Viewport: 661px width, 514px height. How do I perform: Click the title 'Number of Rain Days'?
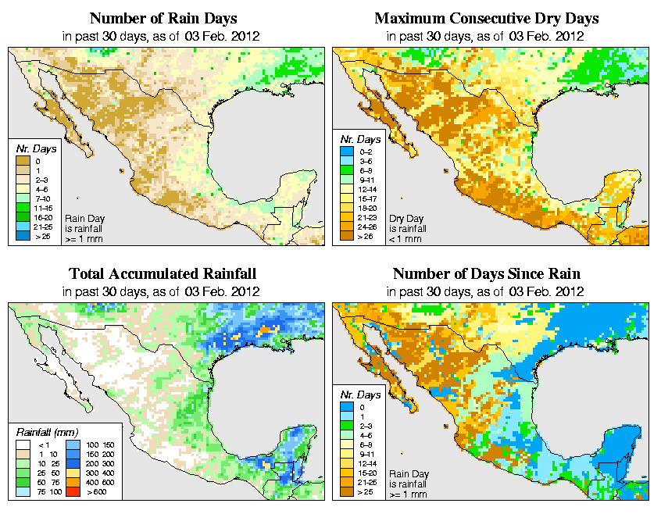(x=163, y=18)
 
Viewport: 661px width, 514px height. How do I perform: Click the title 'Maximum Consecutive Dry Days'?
(x=487, y=18)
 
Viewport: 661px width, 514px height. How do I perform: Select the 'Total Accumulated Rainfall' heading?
(x=163, y=274)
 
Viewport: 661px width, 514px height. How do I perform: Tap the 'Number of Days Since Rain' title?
(x=487, y=274)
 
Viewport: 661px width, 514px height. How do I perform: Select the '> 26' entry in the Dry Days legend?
(x=348, y=236)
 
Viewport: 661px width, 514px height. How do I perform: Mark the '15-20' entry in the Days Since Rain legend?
(x=348, y=473)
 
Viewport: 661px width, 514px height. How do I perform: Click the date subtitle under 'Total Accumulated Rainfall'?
(x=163, y=291)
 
